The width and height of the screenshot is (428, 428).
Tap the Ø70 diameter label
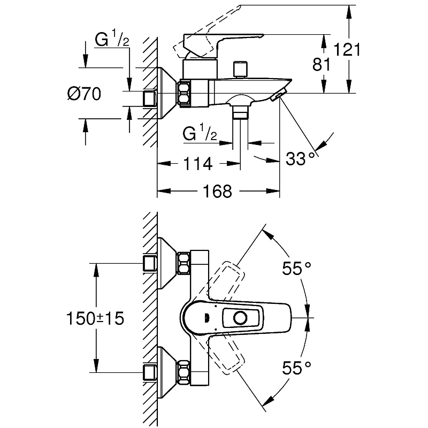(85, 95)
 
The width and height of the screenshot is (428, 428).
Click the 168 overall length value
(219, 191)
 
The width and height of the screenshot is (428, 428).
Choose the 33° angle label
(300, 159)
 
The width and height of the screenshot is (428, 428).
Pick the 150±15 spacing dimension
(95, 319)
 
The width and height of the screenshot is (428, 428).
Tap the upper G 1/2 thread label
(112, 40)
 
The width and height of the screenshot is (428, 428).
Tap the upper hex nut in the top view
(184, 263)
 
